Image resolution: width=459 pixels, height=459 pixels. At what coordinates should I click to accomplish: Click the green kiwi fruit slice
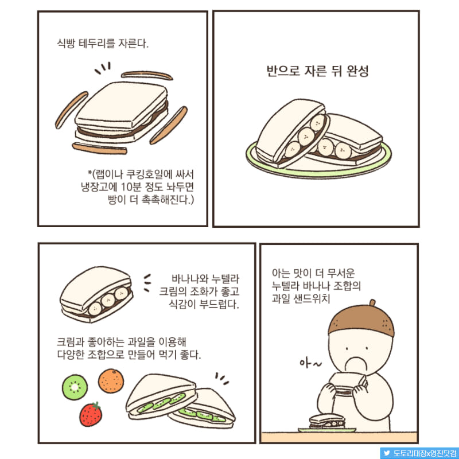(x=75, y=387)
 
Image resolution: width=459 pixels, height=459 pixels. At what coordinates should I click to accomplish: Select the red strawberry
(x=91, y=414)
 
